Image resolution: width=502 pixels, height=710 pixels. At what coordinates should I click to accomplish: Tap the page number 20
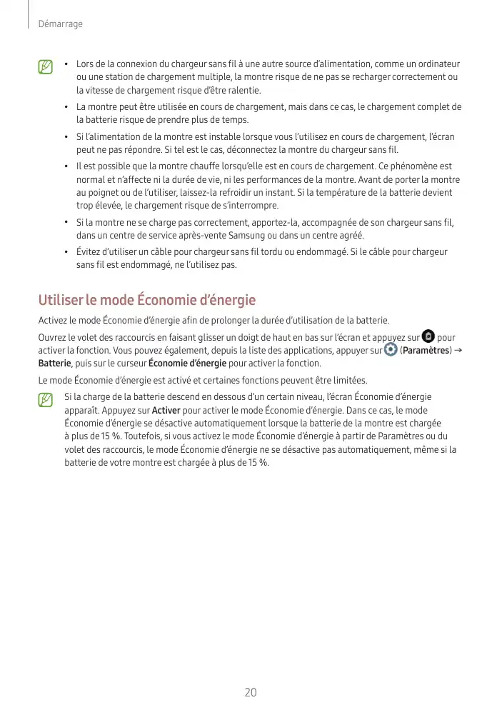(x=251, y=692)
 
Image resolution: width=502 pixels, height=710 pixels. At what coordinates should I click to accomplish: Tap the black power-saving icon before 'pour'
(x=428, y=336)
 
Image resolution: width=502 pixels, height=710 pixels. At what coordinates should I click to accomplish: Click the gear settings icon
(x=390, y=350)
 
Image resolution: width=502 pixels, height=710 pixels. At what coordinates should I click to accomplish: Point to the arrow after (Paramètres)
(x=457, y=350)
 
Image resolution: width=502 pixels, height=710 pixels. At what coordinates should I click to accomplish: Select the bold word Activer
(x=166, y=411)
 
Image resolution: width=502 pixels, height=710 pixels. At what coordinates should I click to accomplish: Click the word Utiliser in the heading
(x=61, y=300)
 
